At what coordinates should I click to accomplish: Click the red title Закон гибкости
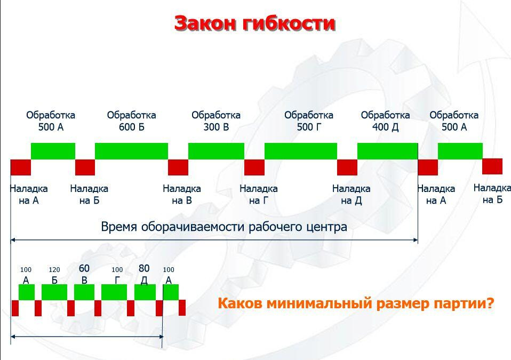point(255,23)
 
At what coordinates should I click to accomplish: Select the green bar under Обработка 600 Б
point(131,151)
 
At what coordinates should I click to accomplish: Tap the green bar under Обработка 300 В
point(216,151)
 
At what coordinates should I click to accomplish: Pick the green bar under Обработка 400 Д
point(387,151)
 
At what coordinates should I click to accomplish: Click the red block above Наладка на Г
point(254,167)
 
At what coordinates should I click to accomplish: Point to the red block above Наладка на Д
point(347,167)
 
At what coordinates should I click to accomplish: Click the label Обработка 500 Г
point(309,121)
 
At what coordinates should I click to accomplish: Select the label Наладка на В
point(182,195)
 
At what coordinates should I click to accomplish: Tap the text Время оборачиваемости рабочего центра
point(224,227)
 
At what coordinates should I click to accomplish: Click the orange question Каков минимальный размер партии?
point(356,303)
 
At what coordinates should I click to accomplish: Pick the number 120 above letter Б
point(54,270)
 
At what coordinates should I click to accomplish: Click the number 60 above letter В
point(84,268)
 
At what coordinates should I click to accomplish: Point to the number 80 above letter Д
point(144,268)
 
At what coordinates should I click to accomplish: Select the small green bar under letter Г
point(114,292)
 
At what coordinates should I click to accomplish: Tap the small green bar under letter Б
point(54,292)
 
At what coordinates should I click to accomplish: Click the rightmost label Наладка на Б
point(492,194)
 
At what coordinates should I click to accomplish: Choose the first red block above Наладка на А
point(20,167)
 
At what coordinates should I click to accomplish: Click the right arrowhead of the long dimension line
point(416,240)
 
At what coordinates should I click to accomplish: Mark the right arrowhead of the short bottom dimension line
point(161,337)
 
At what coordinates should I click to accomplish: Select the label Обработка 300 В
point(216,121)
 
